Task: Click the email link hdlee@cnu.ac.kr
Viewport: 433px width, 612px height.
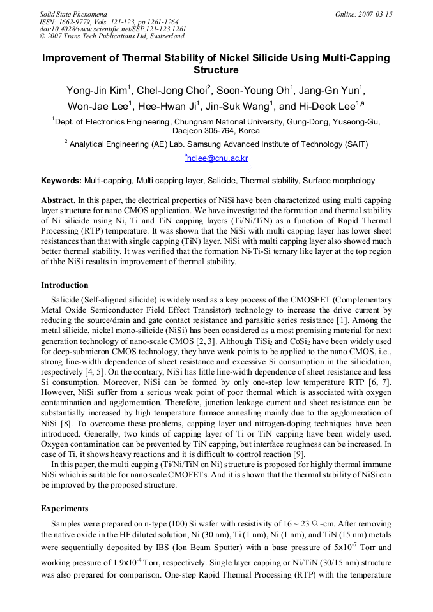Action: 217,158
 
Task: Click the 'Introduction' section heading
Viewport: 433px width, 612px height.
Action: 65,285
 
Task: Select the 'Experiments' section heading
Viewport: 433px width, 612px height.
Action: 65,509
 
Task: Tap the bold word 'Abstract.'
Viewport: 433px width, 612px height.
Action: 58,200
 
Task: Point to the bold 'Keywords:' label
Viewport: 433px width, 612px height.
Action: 61,181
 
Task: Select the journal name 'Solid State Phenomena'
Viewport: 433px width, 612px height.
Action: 73,14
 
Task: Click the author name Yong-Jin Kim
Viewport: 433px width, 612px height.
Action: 96,90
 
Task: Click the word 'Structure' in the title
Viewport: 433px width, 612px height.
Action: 216,70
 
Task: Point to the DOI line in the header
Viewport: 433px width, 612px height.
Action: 112,29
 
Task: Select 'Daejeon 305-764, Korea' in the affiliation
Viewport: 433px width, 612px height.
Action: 216,130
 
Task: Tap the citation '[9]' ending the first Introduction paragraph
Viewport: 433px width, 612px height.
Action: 298,454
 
